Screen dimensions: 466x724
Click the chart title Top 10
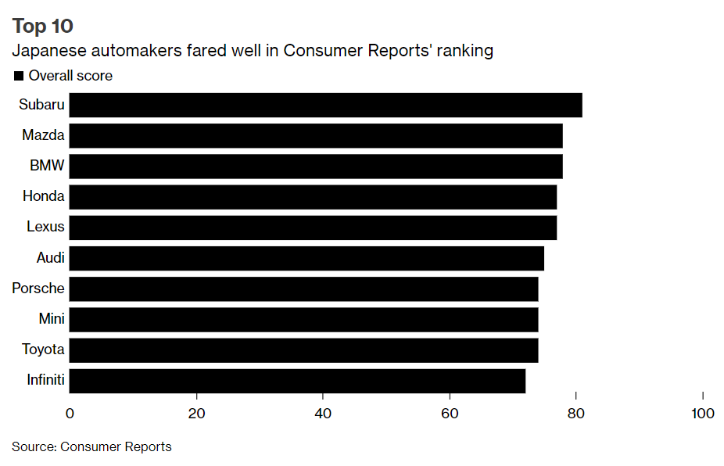coord(43,26)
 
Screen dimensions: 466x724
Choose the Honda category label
coord(44,196)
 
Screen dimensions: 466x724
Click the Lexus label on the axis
coord(45,228)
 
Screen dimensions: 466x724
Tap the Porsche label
coord(38,289)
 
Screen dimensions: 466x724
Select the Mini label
coord(52,319)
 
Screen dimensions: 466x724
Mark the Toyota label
coord(44,349)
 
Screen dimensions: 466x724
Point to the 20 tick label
coord(196,414)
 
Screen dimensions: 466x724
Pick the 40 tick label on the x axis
coord(323,414)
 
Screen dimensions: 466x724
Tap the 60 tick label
coord(450,414)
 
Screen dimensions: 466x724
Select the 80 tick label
coord(576,414)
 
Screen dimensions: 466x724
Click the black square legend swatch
coord(18,76)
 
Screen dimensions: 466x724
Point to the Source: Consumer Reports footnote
coord(91,447)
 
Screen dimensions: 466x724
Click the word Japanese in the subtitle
coord(46,52)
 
